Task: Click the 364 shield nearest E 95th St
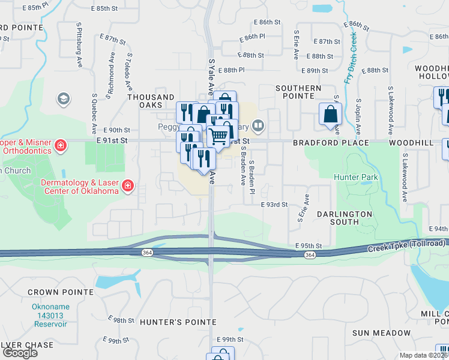pyautogui.click(x=309, y=255)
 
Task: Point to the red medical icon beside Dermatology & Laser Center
pyautogui.click(x=127, y=187)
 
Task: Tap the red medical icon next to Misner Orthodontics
pyautogui.click(x=60, y=145)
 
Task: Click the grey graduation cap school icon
pyautogui.click(x=62, y=98)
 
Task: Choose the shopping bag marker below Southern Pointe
pyautogui.click(x=330, y=115)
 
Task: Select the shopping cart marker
pyautogui.click(x=218, y=137)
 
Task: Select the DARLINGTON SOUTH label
pyautogui.click(x=344, y=218)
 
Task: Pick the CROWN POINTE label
pyautogui.click(x=60, y=292)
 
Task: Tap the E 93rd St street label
pyautogui.click(x=274, y=205)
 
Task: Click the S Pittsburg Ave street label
pyautogui.click(x=79, y=45)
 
